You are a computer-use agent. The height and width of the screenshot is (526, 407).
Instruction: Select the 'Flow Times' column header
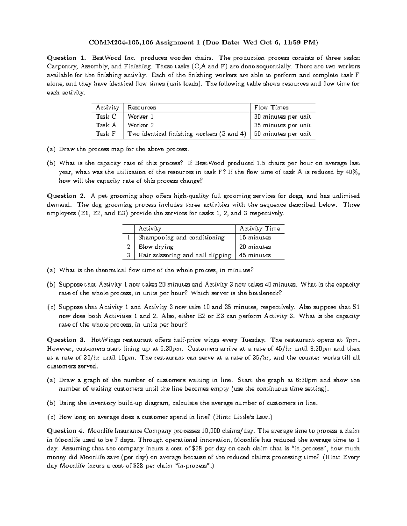pos(271,108)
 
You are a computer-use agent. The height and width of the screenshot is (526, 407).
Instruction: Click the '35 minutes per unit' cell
pos(283,125)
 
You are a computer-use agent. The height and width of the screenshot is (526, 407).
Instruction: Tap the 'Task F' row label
pos(105,134)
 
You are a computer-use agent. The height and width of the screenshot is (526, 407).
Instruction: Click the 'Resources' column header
pos(141,108)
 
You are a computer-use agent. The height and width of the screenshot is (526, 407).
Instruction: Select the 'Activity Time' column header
pos(260,229)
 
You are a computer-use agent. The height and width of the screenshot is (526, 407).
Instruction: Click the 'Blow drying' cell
pos(156,247)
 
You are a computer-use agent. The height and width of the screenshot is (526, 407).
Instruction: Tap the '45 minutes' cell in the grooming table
pos(255,255)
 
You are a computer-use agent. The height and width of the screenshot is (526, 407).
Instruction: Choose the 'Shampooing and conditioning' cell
pos(181,238)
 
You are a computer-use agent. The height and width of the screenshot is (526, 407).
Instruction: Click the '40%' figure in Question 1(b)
pos(352,172)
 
